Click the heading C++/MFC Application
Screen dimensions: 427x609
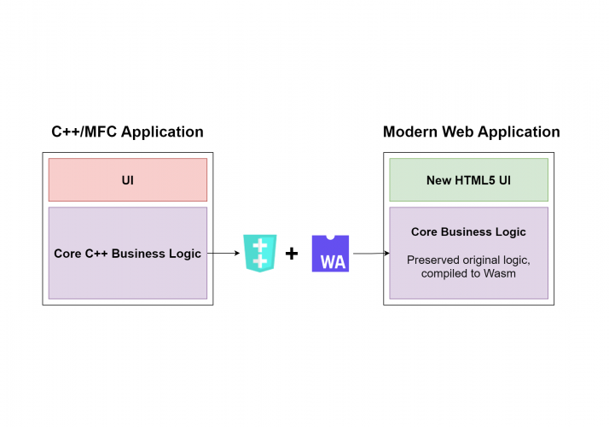[x=127, y=132]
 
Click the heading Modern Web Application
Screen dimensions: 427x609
[x=471, y=132]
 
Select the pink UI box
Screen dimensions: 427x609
[x=127, y=180]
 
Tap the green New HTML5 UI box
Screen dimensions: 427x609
[x=468, y=180]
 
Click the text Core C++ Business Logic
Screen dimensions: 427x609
[x=127, y=254]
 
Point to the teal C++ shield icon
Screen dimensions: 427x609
[x=259, y=253]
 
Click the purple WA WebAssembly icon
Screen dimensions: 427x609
[x=331, y=254]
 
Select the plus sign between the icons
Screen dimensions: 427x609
[x=292, y=254]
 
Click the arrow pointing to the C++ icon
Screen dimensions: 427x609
[x=223, y=254]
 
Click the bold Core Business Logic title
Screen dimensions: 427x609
[x=468, y=232]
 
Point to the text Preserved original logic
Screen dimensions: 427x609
[x=468, y=260]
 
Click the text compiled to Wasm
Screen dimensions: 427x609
[x=468, y=273]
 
